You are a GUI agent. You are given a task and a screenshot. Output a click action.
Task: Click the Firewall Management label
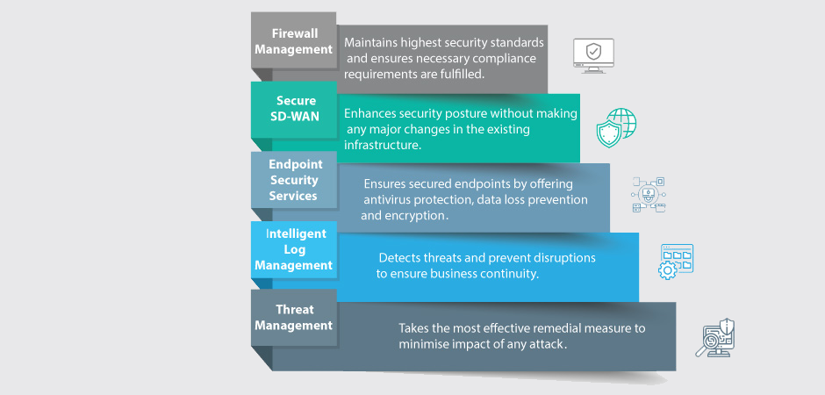coord(293,41)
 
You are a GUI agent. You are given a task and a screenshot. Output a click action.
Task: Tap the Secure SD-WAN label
coord(293,109)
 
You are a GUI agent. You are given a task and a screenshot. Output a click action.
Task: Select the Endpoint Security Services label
coord(293,180)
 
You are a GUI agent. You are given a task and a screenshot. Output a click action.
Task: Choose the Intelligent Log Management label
coord(293,249)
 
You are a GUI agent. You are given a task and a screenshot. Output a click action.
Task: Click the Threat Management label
coord(293,317)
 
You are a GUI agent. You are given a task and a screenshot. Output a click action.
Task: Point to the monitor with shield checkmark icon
coord(594,54)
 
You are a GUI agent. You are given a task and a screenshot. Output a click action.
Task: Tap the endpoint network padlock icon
coord(649,194)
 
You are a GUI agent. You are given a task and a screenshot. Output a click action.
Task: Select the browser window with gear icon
coord(676,262)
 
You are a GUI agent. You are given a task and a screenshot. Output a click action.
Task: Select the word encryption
coord(418,215)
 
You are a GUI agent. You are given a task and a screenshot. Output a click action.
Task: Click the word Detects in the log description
coord(399,258)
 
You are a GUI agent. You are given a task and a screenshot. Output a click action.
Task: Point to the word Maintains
coord(373,42)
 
